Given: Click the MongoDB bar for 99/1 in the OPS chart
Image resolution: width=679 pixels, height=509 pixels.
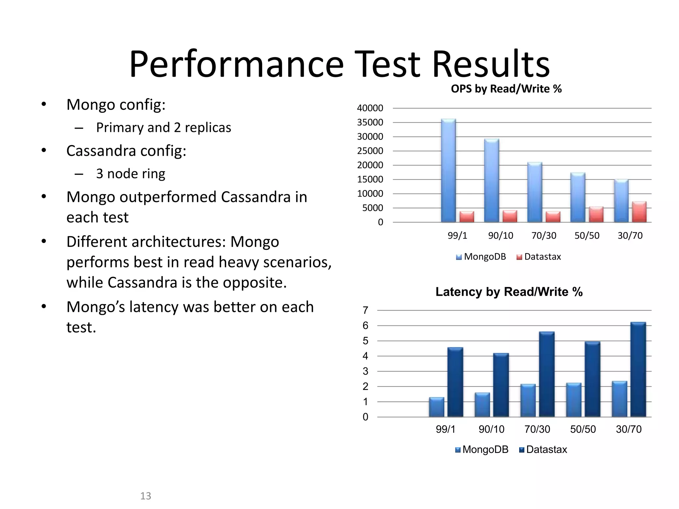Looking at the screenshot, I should point(448,171).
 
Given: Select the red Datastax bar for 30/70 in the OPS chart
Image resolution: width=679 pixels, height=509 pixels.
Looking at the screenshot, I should point(639,212).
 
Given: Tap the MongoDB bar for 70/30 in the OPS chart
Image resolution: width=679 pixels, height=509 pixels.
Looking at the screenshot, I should point(535,192).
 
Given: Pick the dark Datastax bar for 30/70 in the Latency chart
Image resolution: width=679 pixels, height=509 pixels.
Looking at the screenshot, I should point(638,369).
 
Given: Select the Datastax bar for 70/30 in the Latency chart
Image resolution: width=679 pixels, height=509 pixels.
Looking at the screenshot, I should point(547,374).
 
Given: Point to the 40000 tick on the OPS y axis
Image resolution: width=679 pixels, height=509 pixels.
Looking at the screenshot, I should point(370,108).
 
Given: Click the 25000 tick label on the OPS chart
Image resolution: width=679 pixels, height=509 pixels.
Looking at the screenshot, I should point(370,151).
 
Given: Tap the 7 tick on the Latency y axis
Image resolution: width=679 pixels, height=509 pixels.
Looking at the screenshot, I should point(365,311).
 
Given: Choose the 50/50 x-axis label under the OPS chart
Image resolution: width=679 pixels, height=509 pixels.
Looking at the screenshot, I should point(587,236).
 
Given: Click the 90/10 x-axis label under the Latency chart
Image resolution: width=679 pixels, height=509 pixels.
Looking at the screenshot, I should point(491,429).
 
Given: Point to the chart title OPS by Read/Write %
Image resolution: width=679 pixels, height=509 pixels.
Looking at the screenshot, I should point(506,89).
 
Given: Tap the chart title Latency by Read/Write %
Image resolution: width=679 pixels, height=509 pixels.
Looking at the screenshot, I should point(509,292).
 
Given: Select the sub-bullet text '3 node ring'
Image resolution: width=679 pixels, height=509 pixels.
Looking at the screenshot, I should point(131,174).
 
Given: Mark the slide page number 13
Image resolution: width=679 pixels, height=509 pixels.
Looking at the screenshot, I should point(146,496).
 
